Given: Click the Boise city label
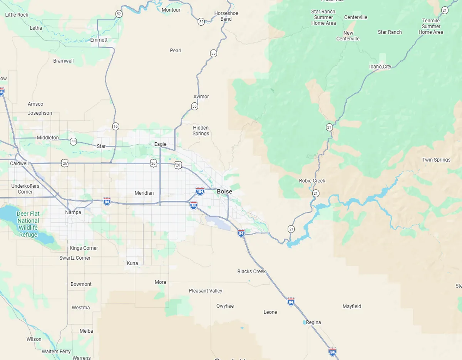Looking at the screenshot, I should [224, 192].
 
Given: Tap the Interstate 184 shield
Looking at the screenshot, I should [200, 191].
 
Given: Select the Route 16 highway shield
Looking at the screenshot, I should [115, 126].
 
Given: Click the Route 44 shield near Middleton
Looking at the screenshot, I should [73, 142].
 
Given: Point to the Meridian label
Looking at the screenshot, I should [144, 193].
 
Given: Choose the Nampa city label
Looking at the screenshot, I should [73, 212].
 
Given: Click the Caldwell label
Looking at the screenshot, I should [19, 163].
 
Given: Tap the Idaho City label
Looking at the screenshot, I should [380, 67].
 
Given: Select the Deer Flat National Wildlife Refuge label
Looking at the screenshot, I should [28, 224].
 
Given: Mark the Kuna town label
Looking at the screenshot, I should [132, 263].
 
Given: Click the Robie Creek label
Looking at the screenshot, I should [312, 181].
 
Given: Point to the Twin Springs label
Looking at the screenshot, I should [436, 160].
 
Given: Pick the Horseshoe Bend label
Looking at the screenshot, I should [226, 16].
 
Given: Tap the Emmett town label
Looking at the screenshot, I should [99, 40].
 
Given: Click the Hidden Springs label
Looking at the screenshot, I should [201, 131].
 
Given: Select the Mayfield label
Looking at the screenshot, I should [352, 307].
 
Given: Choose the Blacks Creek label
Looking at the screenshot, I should [251, 272].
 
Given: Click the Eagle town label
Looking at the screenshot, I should [160, 144].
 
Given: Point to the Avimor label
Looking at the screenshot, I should [201, 97].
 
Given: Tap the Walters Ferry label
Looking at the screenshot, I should [56, 352].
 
